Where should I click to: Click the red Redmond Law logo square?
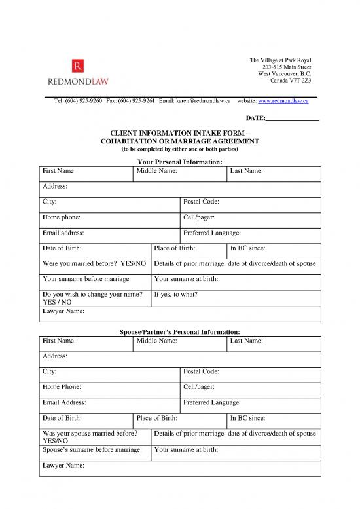78,66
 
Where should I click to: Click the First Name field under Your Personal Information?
86,174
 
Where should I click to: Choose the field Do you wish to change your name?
95,299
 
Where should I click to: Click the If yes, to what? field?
236,299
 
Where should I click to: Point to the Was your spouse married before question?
95,438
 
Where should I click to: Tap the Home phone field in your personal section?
109,220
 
